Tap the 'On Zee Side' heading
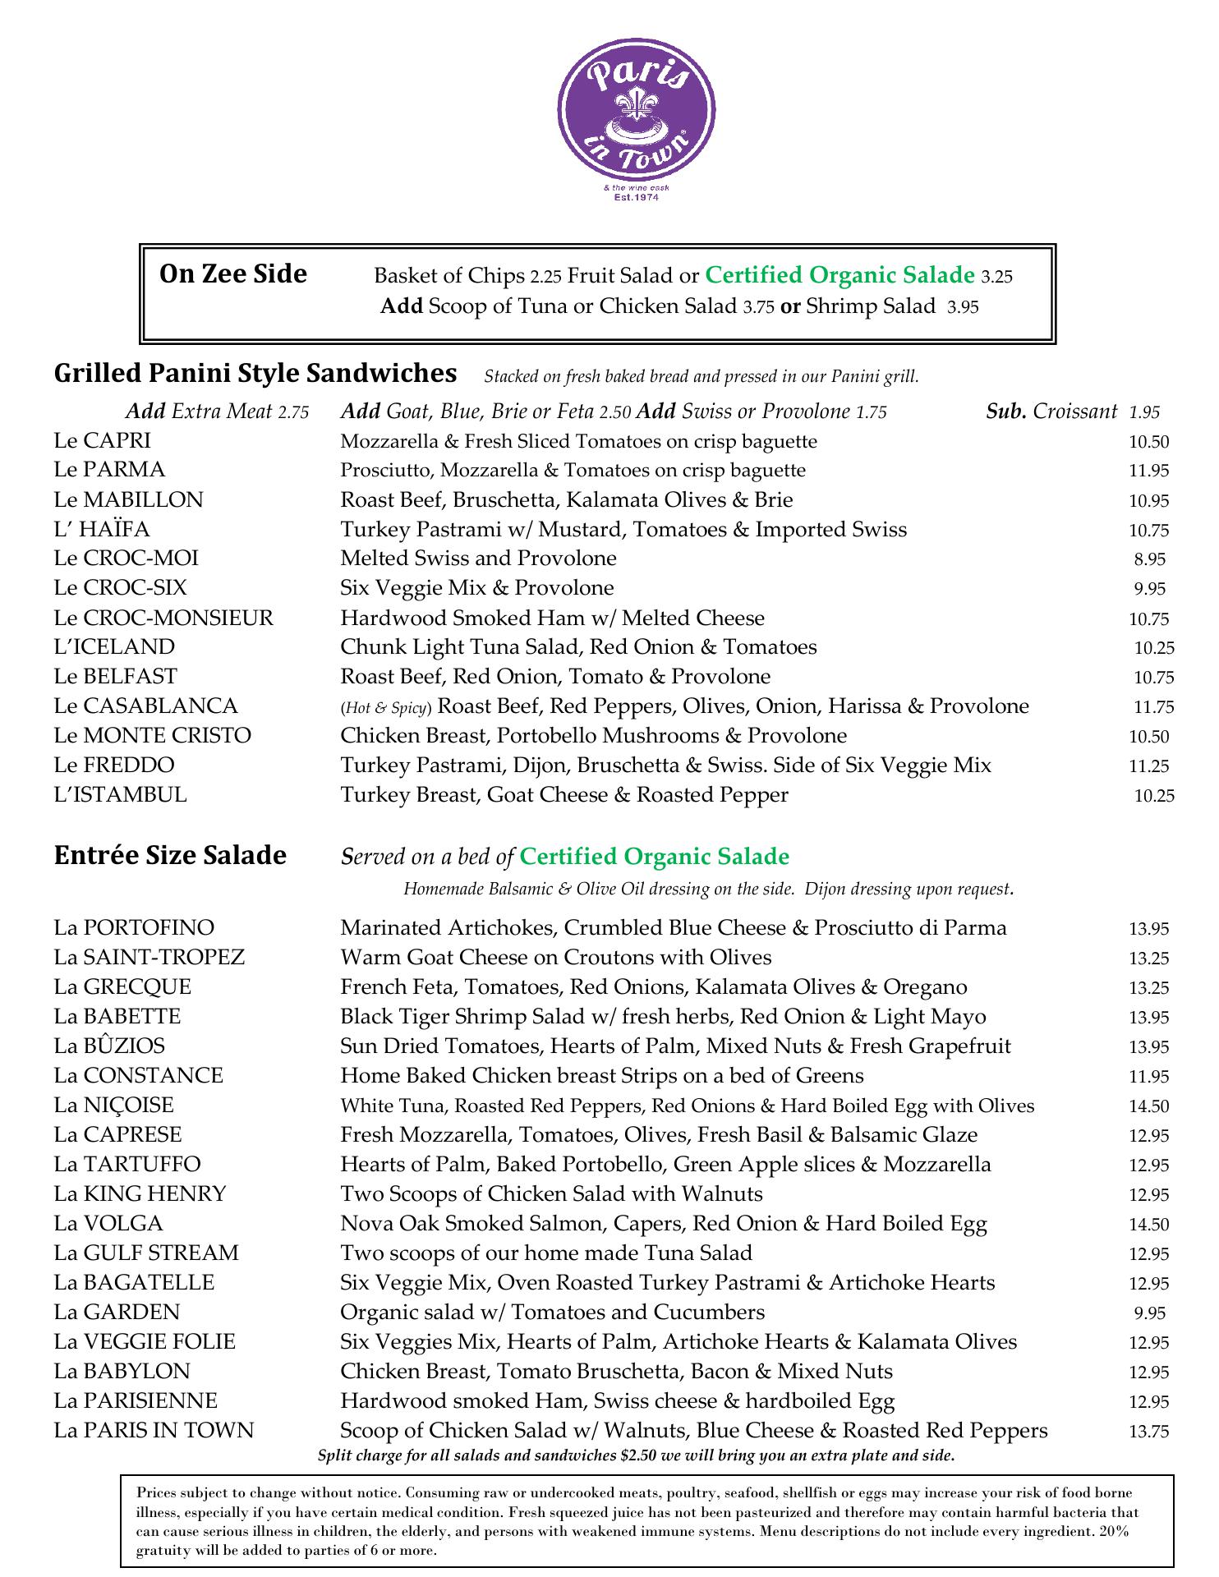click(x=233, y=274)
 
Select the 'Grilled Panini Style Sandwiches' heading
click(x=255, y=374)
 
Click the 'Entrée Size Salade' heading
click(x=170, y=856)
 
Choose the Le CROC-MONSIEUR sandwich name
click(x=163, y=618)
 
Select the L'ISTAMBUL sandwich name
click(x=121, y=795)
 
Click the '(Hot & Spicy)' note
click(x=385, y=708)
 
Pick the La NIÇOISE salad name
click(x=114, y=1106)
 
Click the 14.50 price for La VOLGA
click(x=1148, y=1225)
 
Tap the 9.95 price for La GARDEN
click(x=1149, y=1313)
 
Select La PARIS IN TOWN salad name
click(x=154, y=1431)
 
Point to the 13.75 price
click(x=1148, y=1432)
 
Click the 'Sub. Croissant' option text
click(x=1051, y=411)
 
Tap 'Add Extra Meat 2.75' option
click(x=217, y=411)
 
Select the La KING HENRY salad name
click(x=140, y=1194)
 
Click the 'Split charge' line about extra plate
click(x=636, y=1456)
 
